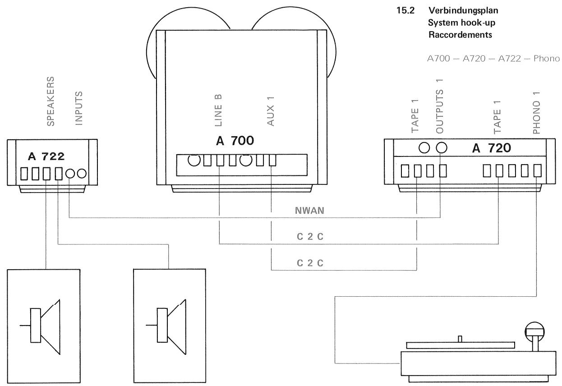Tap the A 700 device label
click(x=235, y=141)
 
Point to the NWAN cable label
click(x=311, y=210)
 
